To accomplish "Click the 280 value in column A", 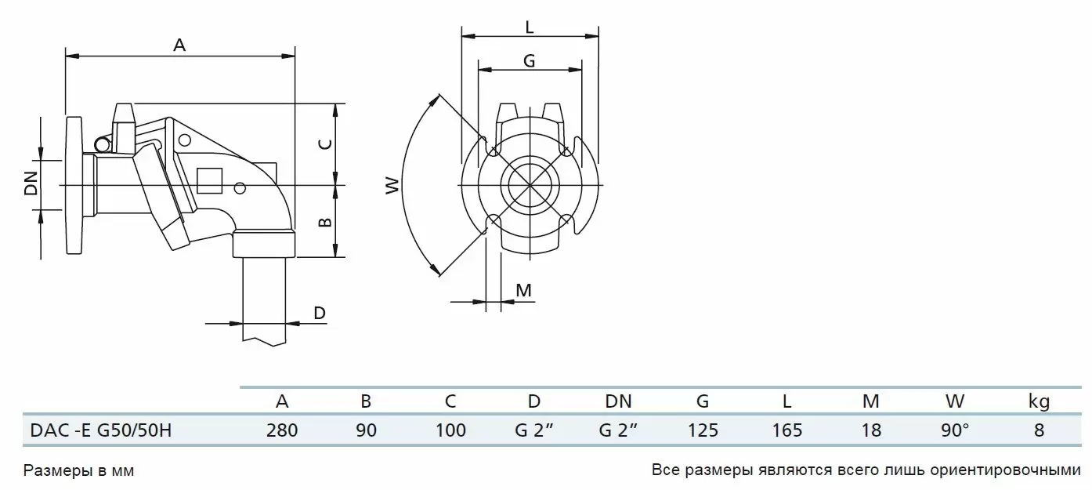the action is (x=282, y=430).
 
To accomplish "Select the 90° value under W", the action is (x=955, y=430).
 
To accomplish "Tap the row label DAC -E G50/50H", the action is (x=101, y=430).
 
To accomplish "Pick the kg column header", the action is (x=1039, y=401).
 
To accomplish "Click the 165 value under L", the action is (x=786, y=430).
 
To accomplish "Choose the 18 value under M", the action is (x=871, y=430).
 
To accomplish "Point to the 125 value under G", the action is (x=703, y=430).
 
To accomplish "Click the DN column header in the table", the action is (x=618, y=401).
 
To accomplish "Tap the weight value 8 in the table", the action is (x=1039, y=430).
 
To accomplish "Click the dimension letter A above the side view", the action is (x=179, y=45).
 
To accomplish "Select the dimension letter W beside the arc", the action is (x=392, y=186).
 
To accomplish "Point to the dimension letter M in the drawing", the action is (x=523, y=290).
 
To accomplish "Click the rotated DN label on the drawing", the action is (x=31, y=183).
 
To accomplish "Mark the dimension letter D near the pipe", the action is (x=320, y=313).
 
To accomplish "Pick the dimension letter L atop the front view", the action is (x=530, y=27).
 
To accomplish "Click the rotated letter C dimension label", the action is (x=325, y=144).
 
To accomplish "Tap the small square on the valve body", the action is (x=210, y=181).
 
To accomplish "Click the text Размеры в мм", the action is (x=78, y=470).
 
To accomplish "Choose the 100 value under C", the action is (x=450, y=430).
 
